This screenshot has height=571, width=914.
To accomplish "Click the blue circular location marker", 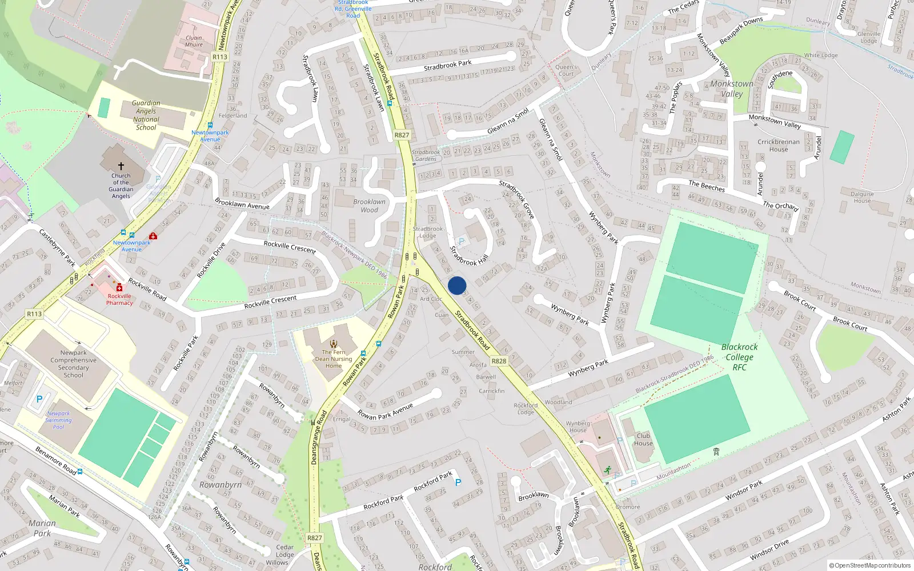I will tap(457, 285).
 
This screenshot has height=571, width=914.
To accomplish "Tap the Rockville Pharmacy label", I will tap(119, 299).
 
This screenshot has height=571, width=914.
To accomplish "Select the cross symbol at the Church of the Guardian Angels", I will tap(121, 166).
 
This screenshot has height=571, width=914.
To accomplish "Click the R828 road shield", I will tap(499, 361).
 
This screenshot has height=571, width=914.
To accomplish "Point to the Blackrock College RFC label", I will tap(740, 357).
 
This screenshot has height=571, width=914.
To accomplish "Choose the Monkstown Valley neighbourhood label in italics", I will tap(732, 89).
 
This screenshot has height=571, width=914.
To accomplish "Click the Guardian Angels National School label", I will tap(146, 115).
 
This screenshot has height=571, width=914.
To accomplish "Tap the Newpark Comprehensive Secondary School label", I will tap(74, 364).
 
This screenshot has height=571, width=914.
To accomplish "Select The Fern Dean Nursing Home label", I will tap(334, 359).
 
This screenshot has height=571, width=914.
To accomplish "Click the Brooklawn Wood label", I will tap(369, 206).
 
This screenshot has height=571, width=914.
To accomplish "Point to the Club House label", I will tap(643, 439).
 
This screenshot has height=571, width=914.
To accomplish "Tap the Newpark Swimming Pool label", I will tap(59, 420).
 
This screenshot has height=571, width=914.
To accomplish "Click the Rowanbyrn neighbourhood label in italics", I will tap(221, 485).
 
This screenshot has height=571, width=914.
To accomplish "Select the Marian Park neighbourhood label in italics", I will tap(42, 528).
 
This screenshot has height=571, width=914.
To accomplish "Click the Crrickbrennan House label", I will tap(779, 146).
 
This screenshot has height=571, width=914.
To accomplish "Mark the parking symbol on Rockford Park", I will tap(458, 482).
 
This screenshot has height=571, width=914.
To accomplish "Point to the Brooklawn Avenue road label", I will tap(242, 203).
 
